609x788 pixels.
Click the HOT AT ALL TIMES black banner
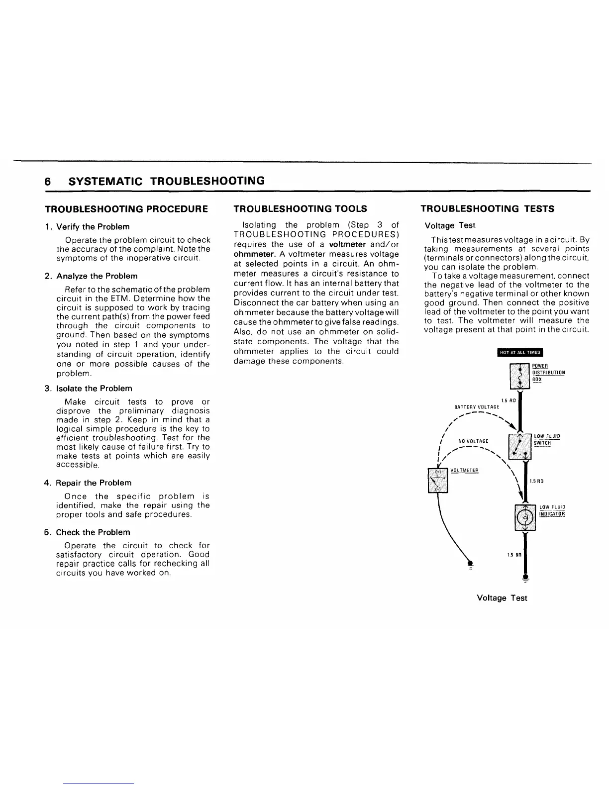coord(519,353)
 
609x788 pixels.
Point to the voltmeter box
coord(438,480)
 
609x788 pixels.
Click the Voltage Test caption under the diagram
coord(502,598)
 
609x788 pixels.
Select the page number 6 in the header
coord(48,181)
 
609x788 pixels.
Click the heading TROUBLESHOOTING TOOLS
coord(301,209)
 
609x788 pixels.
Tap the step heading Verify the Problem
coord(93,227)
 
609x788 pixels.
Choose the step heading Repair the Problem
coord(94,483)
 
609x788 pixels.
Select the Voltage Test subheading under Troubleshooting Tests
coord(447,226)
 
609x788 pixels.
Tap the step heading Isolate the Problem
coord(94,389)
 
